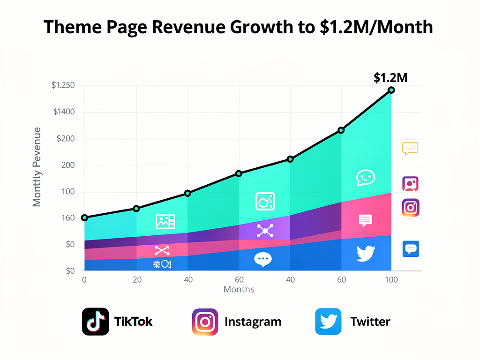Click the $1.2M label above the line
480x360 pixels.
[x=390, y=78]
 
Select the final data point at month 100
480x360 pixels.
[x=391, y=90]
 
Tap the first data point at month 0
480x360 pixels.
[x=84, y=217]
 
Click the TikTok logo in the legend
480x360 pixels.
[x=96, y=322]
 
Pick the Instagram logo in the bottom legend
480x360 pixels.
[x=205, y=322]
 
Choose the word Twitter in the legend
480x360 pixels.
[x=370, y=322]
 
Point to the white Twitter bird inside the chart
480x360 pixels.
[x=366, y=254]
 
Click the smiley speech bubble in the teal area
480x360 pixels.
[x=366, y=178]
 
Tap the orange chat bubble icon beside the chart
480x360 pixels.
[x=410, y=149]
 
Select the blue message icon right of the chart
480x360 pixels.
[x=411, y=249]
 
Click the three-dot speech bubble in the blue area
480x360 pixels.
[x=263, y=259]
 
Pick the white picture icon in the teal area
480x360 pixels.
[x=165, y=221]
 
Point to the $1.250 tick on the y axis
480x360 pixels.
[x=63, y=85]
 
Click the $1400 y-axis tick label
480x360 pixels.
[x=64, y=112]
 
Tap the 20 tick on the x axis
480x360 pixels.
[x=137, y=280]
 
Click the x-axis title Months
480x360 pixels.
[x=239, y=289]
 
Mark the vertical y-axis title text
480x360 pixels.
[x=37, y=167]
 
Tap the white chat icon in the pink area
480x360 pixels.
[x=365, y=220]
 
